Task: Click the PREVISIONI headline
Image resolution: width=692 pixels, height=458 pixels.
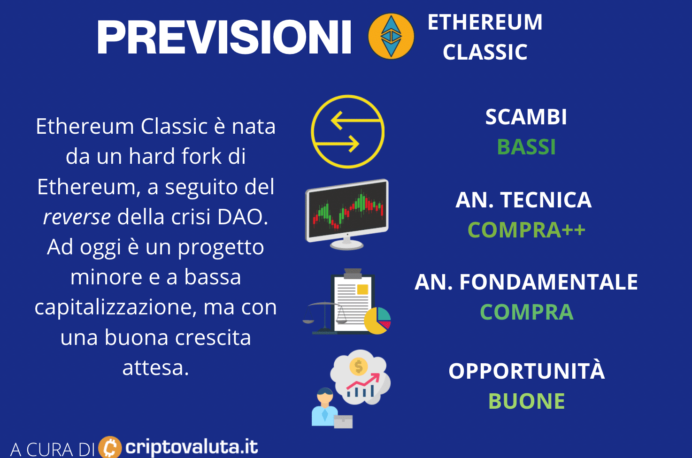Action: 224,37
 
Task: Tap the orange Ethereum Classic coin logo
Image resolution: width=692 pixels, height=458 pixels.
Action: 391,36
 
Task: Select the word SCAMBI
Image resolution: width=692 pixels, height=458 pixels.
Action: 526,117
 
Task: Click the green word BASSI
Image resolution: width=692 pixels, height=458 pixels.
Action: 526,147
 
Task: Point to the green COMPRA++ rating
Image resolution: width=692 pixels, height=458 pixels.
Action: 526,230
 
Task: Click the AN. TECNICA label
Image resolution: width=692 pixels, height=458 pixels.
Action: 523,200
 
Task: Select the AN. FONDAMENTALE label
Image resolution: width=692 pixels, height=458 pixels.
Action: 526,282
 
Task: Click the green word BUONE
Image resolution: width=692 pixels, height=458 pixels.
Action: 526,401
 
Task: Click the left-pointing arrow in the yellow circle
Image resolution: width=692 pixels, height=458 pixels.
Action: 356,120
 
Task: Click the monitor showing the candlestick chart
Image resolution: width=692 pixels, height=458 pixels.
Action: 347,214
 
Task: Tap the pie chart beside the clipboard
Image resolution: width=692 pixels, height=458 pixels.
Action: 377,321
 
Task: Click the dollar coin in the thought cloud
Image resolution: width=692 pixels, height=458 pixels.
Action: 358,366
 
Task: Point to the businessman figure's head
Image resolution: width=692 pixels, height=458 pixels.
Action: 325,396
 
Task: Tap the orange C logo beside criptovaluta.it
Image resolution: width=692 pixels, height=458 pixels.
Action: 110,447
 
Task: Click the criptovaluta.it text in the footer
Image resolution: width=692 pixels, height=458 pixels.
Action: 192,447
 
